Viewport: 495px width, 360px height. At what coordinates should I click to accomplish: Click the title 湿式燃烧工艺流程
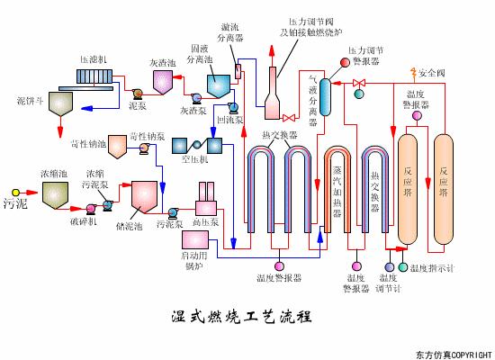pos(240,316)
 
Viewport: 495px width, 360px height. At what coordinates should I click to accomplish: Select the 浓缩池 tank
pos(56,193)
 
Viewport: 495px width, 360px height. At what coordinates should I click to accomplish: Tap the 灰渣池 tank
pos(163,83)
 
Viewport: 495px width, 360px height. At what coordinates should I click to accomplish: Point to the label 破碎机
pos(83,220)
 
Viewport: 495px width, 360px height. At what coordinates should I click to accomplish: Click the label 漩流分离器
pos(236,33)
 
